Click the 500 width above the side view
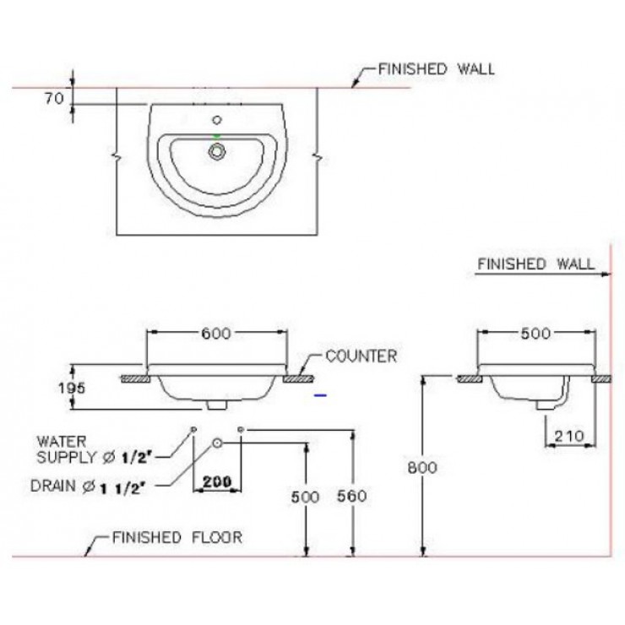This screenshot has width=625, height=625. (x=534, y=334)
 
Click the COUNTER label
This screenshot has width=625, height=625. (x=361, y=356)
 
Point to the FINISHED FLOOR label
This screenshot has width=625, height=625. (x=177, y=537)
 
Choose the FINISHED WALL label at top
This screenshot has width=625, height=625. (x=437, y=69)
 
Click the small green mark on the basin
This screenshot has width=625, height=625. (x=218, y=135)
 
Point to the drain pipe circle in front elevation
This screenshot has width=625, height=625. (x=217, y=442)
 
